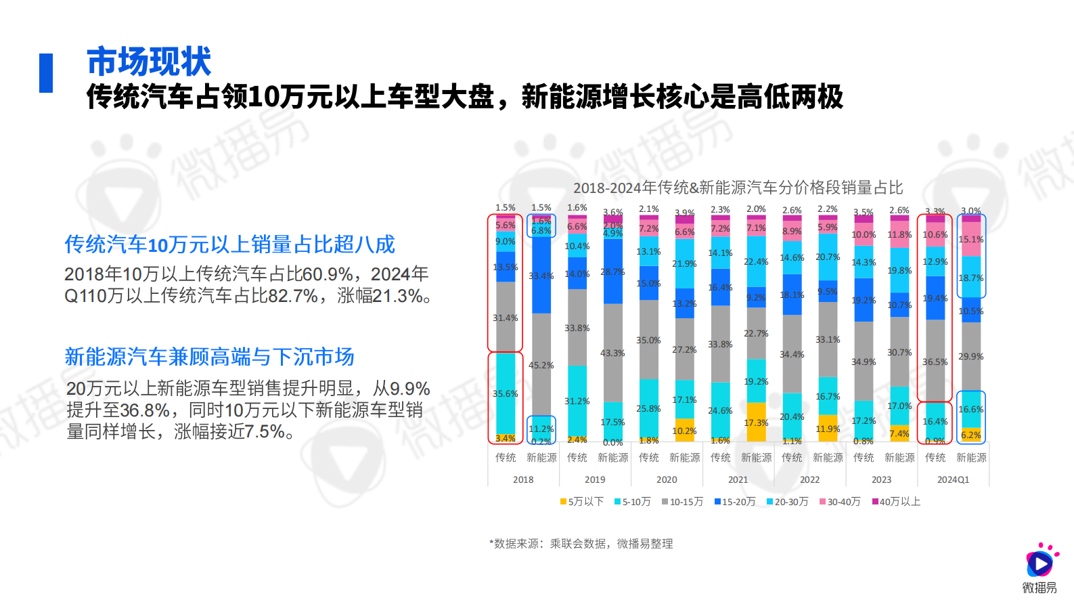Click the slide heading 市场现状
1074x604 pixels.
149,62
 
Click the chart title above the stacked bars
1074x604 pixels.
738,188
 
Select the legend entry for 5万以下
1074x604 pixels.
582,502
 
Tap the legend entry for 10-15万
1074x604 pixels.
682,502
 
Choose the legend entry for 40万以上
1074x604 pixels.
896,502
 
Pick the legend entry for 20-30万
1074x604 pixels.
787,502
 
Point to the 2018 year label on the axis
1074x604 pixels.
523,479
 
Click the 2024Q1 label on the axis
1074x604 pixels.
953,479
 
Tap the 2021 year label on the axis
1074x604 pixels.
738,479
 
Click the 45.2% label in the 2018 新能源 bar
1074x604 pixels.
541,366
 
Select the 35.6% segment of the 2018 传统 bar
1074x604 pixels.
505,393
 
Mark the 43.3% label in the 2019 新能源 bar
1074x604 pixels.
612,353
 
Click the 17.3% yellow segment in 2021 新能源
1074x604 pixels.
756,423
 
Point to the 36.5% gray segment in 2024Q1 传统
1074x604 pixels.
935,362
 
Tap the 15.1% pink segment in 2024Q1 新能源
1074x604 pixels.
971,240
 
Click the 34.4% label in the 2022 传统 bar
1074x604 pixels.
792,354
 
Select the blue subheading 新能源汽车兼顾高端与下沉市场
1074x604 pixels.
209,357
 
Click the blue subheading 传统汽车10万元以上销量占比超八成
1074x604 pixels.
229,244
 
